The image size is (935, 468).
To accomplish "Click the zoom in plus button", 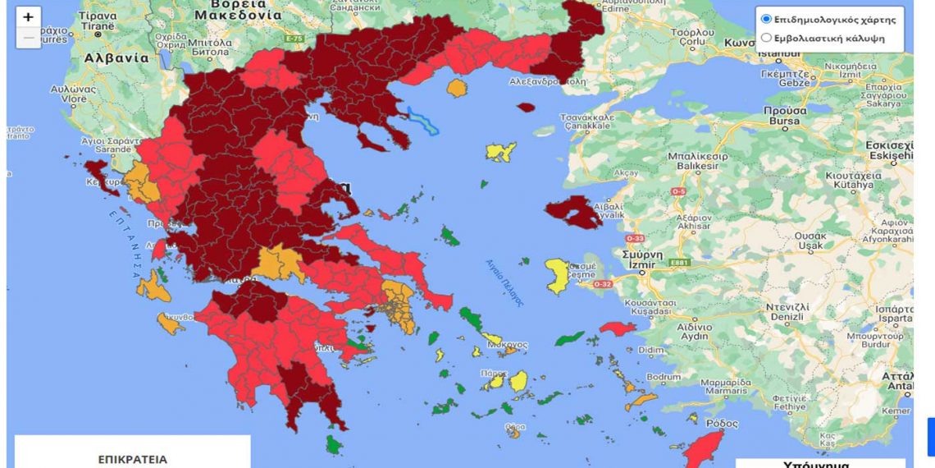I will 28,17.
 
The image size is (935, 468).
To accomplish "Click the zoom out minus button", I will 28,38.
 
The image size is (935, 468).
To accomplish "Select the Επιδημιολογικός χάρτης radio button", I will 766,19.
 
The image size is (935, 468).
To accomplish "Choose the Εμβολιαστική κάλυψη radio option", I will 766,37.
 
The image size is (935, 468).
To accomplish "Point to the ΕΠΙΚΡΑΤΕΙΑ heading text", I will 132,459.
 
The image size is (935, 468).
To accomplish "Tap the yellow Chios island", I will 558,275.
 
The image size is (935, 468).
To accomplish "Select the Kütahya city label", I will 852,186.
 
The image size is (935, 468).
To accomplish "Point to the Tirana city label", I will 98,25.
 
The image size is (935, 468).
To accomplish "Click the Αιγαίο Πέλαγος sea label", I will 504,282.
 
